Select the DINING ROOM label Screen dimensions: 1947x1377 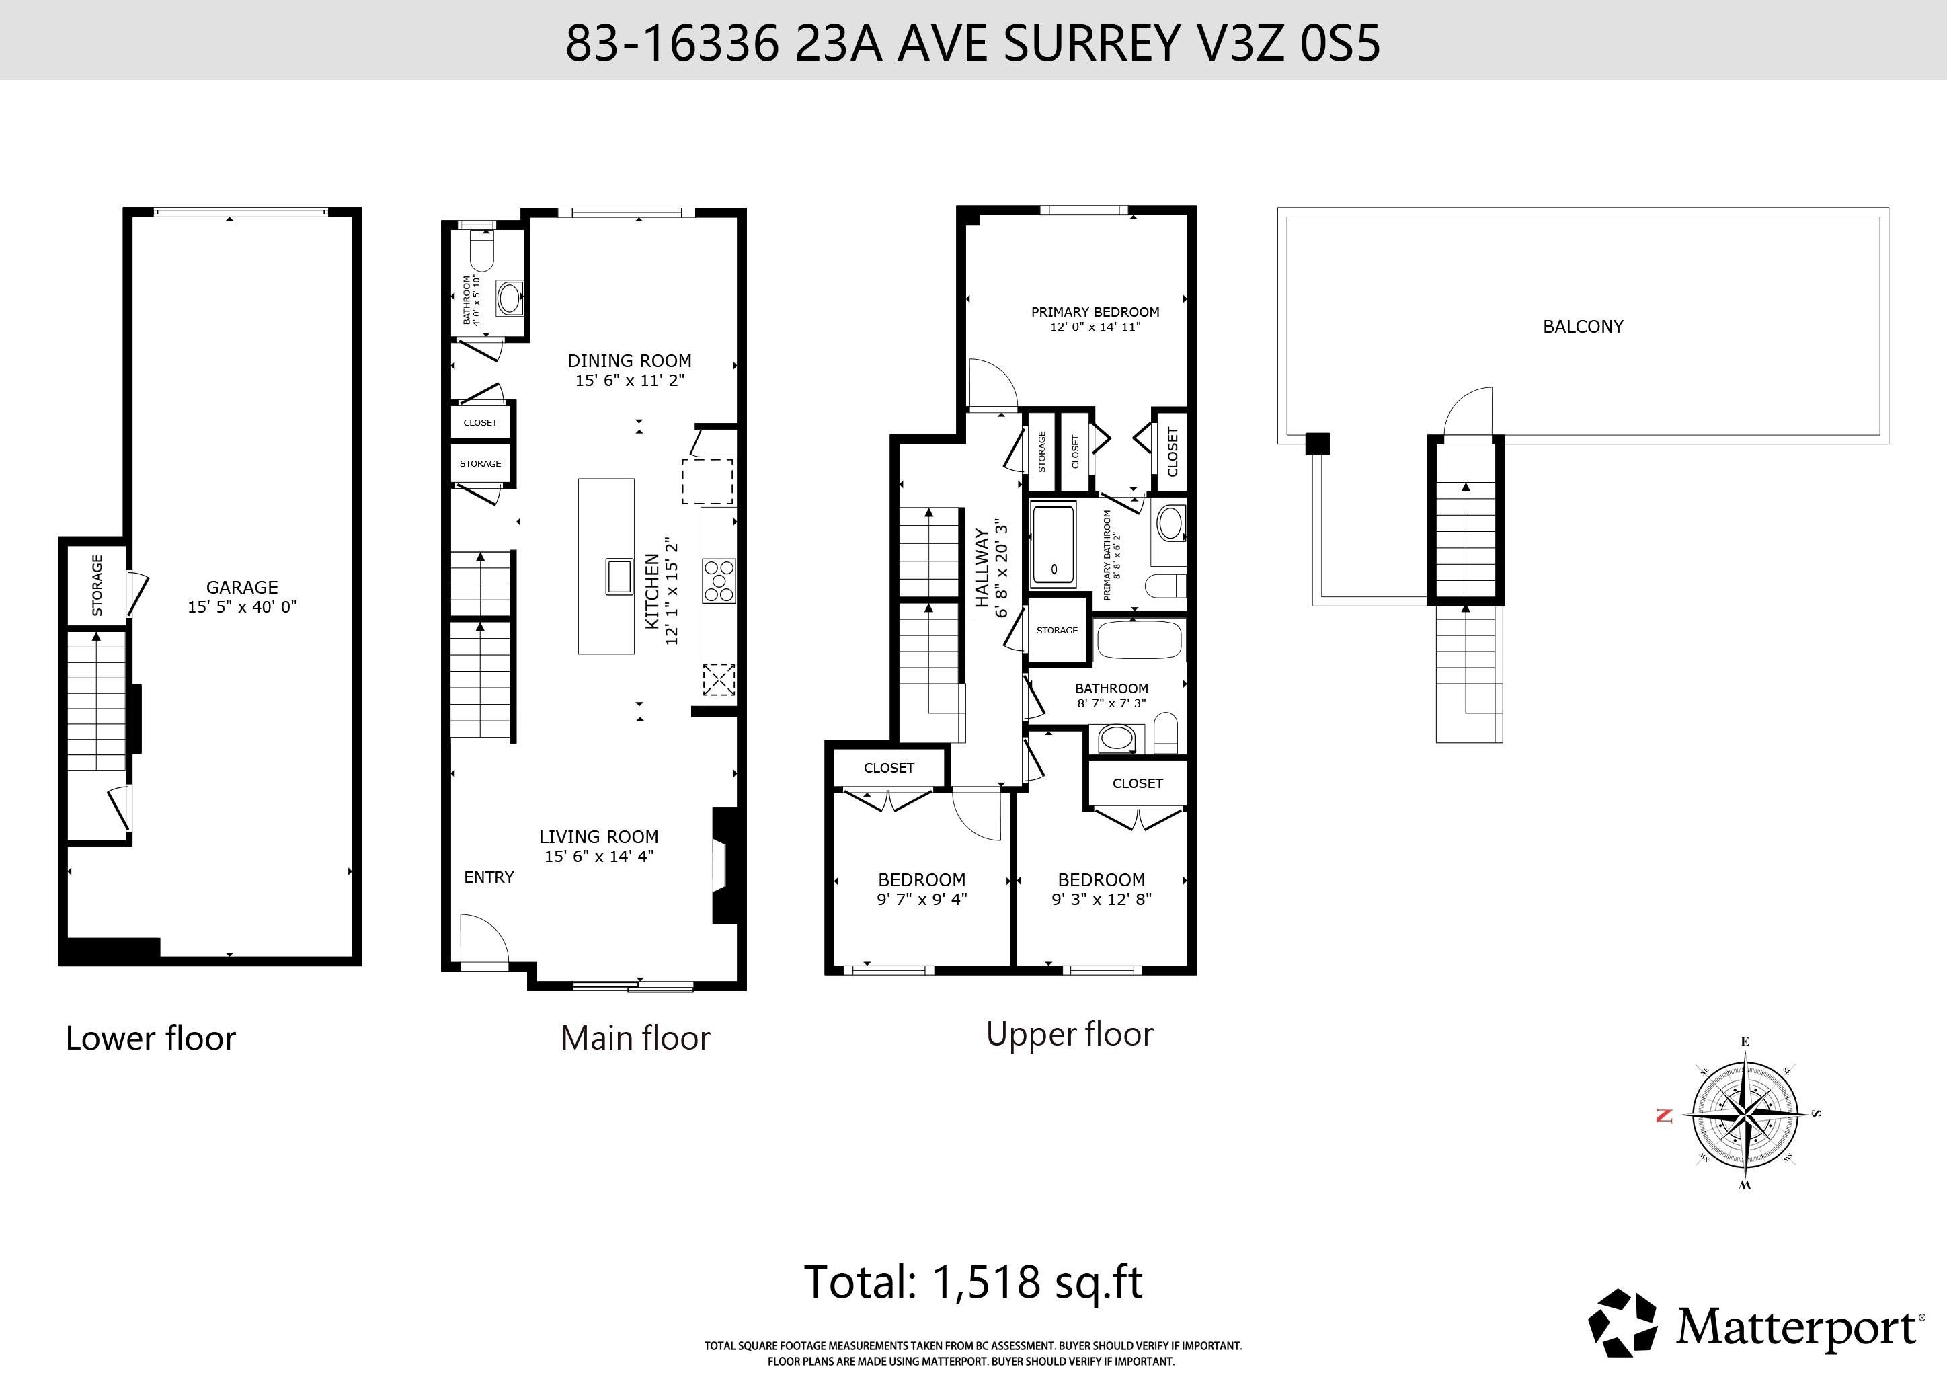click(x=629, y=360)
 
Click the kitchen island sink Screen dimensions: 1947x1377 click(x=619, y=577)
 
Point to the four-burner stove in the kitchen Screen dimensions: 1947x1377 click(x=718, y=581)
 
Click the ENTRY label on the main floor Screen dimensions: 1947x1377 click(x=489, y=877)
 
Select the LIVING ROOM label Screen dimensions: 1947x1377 click(x=598, y=836)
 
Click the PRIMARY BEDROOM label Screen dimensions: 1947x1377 click(x=1095, y=312)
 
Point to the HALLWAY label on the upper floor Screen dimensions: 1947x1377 click(x=981, y=568)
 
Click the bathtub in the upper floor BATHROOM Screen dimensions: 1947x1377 click(x=1139, y=640)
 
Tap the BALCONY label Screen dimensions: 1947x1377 click(x=1583, y=327)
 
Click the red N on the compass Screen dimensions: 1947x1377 click(x=1664, y=1116)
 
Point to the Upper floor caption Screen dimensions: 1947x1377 click(x=1070, y=1035)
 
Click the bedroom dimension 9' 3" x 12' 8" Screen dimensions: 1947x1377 click(x=1101, y=900)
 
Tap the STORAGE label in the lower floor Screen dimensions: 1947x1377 click(x=97, y=585)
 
